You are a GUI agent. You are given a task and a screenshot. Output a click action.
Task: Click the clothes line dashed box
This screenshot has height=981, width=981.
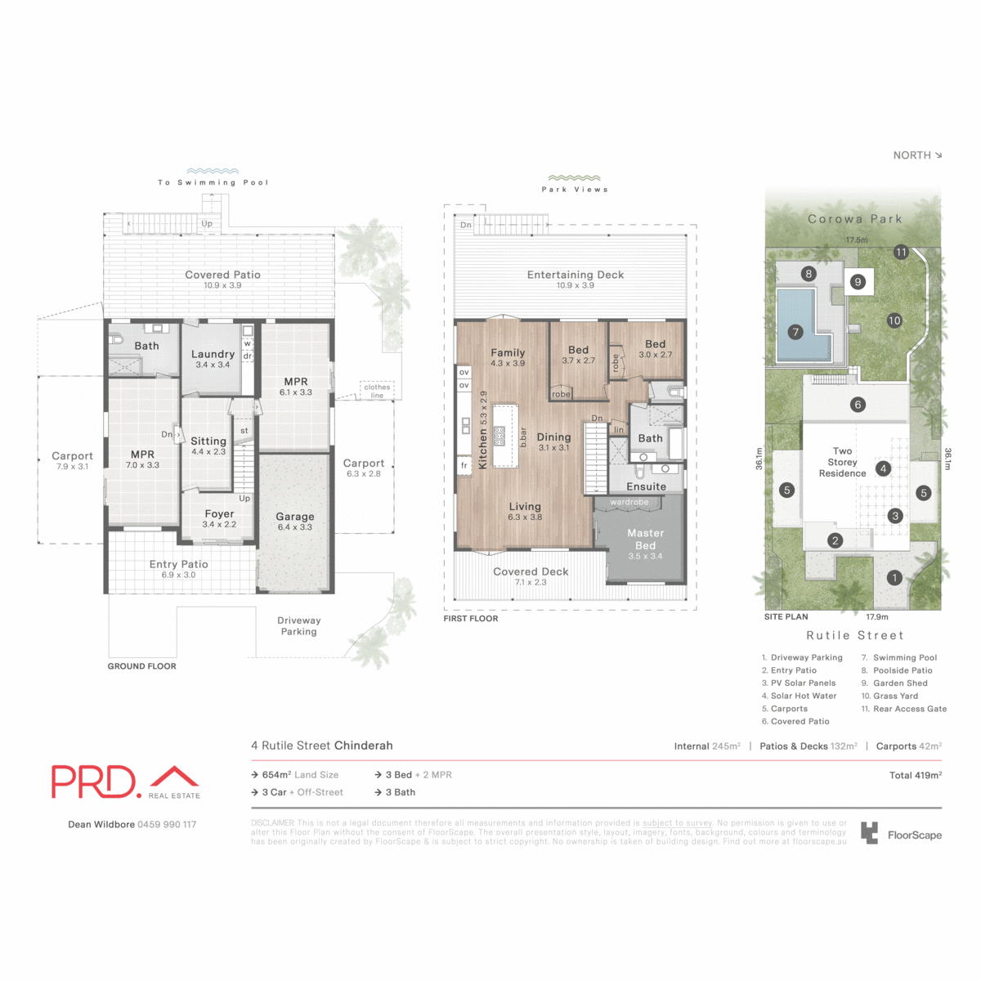[x=377, y=391]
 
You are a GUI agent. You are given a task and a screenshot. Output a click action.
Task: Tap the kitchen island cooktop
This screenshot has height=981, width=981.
[x=499, y=436]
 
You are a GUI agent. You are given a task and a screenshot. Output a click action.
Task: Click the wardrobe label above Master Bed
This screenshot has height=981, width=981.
[x=629, y=502]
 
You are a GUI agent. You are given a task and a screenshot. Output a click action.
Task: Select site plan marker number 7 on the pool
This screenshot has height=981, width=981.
[x=795, y=332]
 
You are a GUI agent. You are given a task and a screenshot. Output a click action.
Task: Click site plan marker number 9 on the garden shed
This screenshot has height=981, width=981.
[x=858, y=282]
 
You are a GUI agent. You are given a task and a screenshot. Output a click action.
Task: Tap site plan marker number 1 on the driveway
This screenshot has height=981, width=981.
[x=894, y=578]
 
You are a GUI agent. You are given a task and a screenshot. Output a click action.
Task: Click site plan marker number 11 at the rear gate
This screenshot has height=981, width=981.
[x=901, y=252]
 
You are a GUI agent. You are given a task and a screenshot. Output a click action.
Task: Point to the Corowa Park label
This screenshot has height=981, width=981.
[x=854, y=219]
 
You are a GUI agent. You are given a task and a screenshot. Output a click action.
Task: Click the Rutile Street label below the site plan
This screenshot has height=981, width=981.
[x=854, y=635]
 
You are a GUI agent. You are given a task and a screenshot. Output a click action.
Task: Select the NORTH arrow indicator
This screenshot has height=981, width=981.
[x=917, y=155]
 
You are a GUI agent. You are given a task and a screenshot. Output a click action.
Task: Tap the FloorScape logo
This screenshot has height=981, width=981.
[x=901, y=834]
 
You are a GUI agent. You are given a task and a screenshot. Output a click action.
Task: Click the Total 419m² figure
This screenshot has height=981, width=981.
[x=915, y=775]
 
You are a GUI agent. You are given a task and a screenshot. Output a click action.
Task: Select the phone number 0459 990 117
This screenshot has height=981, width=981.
[x=167, y=824]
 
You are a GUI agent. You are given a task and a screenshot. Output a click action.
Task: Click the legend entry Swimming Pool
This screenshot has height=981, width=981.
[x=904, y=657]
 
